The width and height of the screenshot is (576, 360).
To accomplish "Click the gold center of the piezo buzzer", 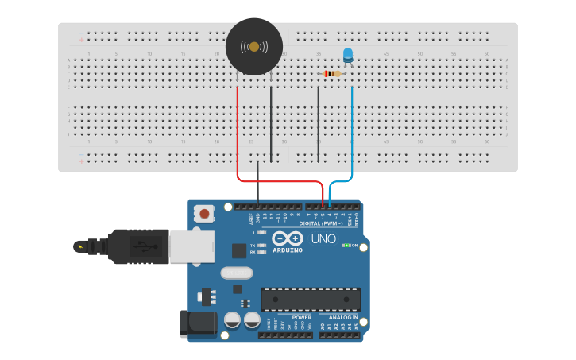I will (254, 47).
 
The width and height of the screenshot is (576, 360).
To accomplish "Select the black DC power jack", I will (199, 323).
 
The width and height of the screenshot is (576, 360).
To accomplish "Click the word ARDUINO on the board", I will (287, 250).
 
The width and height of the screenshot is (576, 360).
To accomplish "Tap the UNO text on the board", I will (323, 238).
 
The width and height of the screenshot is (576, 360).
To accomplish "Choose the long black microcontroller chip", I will (311, 299).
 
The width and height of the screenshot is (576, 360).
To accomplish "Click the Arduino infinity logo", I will (287, 238).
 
